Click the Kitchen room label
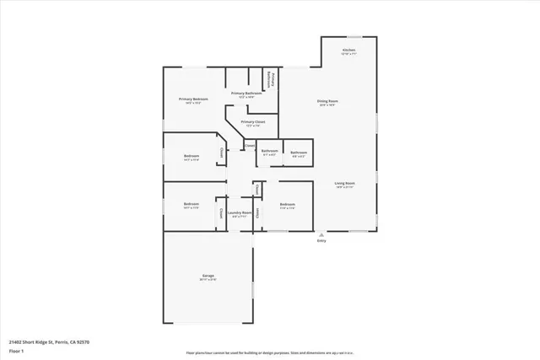point(348,51)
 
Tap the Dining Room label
point(327,102)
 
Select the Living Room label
point(343,183)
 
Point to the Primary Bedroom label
point(192,99)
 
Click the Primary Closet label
point(251,122)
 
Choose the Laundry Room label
point(240,212)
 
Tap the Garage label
point(208,277)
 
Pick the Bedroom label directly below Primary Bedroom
point(192,156)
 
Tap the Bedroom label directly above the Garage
point(192,204)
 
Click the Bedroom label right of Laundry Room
point(288,204)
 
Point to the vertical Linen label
point(257,212)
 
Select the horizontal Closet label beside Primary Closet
point(250,146)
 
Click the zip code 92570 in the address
point(82,341)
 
